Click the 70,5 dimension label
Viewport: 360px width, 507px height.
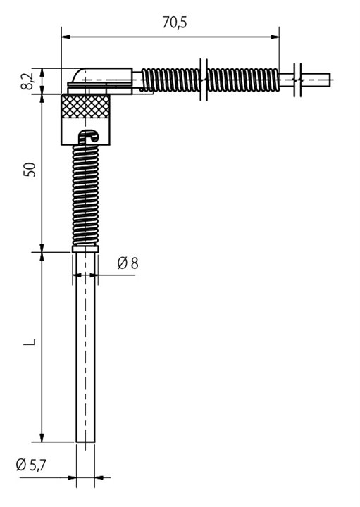click(175, 23)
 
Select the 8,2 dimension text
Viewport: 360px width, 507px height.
click(27, 81)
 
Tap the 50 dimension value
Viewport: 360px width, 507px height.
click(30, 169)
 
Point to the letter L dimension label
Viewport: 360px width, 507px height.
click(30, 342)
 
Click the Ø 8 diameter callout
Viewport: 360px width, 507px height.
click(128, 263)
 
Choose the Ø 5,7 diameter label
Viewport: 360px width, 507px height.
click(31, 465)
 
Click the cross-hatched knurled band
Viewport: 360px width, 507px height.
click(85, 106)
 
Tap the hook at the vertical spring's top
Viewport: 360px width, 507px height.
click(89, 136)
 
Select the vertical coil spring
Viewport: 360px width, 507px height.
click(85, 195)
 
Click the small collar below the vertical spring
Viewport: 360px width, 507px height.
click(85, 249)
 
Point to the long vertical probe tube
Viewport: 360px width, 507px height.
click(85, 347)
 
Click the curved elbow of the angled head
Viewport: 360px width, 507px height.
click(77, 75)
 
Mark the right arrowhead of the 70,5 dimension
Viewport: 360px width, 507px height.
click(275, 37)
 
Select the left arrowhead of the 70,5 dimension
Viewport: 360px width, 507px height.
click(66, 37)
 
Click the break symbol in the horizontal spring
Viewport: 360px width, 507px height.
click(204, 80)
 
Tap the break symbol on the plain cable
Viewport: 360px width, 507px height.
click(297, 80)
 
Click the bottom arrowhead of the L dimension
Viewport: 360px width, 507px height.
click(42, 437)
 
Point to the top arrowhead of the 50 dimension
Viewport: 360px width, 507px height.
click(42, 99)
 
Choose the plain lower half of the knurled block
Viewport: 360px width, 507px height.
click(85, 132)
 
